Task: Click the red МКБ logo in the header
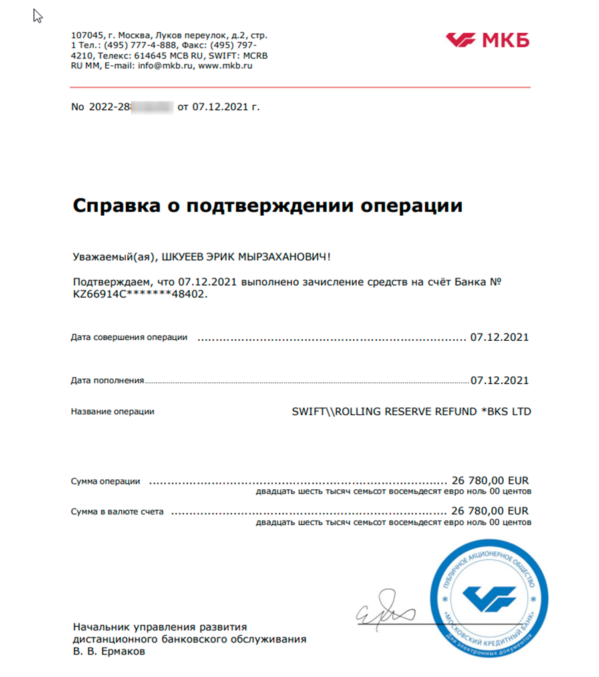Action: (x=487, y=40)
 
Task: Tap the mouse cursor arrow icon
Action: (x=38, y=17)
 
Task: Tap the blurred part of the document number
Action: (x=152, y=107)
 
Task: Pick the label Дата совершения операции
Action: (x=129, y=338)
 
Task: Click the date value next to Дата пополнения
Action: (x=499, y=381)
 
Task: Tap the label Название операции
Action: (x=112, y=411)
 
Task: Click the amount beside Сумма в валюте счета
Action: (x=489, y=511)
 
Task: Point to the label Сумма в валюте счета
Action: (x=118, y=512)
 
